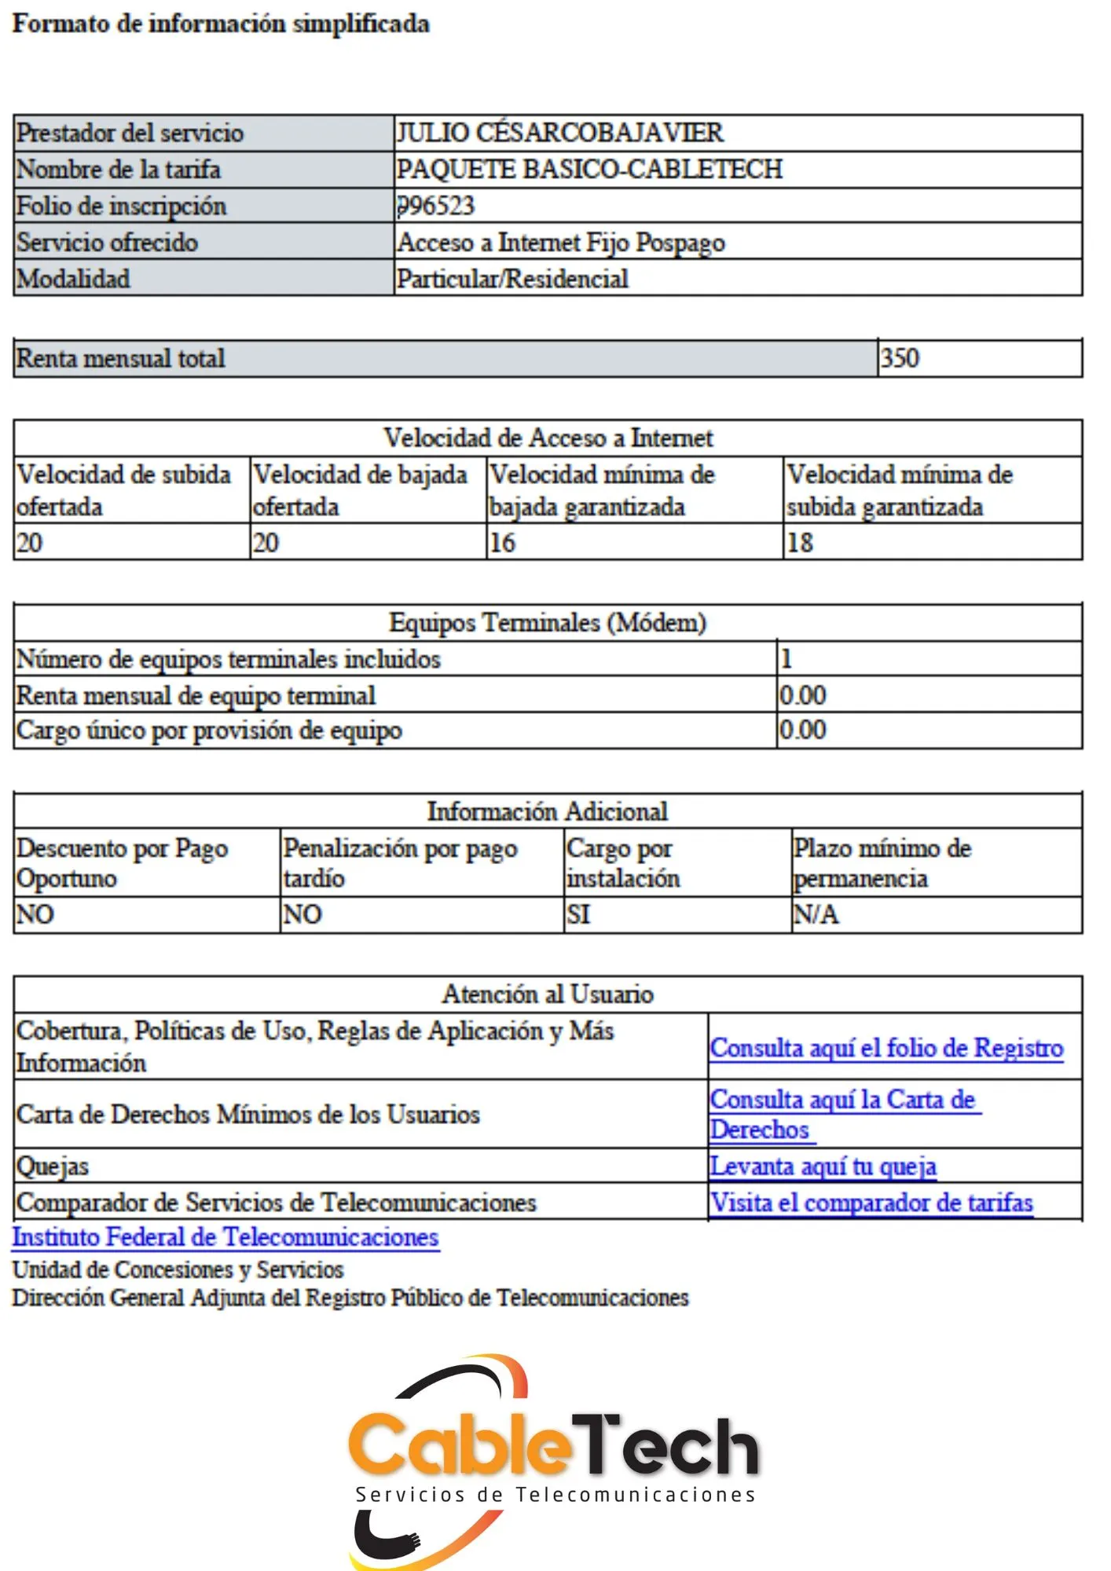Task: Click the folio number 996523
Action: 436,206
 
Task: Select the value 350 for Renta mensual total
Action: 900,358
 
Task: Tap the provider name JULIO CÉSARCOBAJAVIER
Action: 559,133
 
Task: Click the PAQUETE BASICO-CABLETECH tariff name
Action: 589,169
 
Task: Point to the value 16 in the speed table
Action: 503,543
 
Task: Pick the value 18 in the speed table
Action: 800,543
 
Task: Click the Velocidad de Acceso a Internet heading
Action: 548,438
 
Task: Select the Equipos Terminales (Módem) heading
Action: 548,622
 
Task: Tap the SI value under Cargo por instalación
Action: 578,914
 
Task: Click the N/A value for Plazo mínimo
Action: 816,914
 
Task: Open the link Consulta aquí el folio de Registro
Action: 886,1048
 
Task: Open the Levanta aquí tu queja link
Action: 823,1166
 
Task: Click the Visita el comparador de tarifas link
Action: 871,1203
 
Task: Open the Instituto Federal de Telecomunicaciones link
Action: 225,1237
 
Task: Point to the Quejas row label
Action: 53,1166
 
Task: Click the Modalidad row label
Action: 73,279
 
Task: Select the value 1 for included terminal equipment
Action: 786,658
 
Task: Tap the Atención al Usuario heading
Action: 548,994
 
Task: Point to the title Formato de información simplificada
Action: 221,24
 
